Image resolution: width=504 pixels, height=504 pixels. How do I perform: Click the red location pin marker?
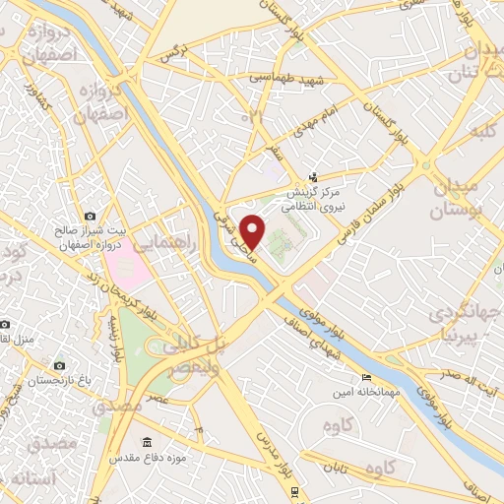253,231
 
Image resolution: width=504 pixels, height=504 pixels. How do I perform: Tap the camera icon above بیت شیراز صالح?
90,216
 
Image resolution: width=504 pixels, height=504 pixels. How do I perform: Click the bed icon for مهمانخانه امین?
367,378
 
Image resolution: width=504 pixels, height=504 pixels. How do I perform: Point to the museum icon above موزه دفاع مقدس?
148,440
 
